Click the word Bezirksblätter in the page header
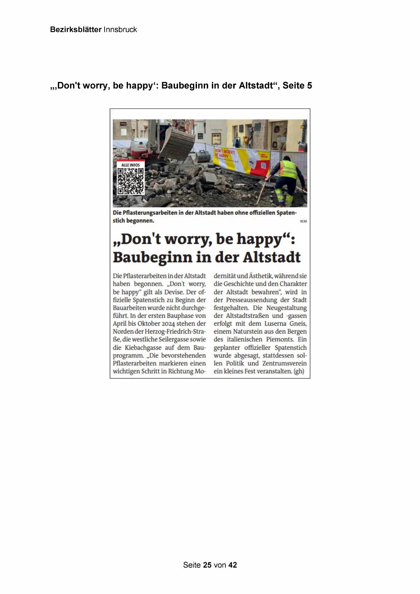pyautogui.click(x=75, y=29)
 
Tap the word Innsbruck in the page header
pyautogui.click(x=120, y=29)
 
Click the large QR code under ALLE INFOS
pyautogui.click(x=130, y=181)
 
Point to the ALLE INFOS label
pyautogui.click(x=130, y=165)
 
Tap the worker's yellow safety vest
pyautogui.click(x=288, y=169)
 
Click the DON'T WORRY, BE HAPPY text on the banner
pyautogui.click(x=225, y=153)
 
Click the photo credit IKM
pyautogui.click(x=303, y=221)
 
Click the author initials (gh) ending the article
pyautogui.click(x=299, y=371)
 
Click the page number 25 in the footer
pyautogui.click(x=207, y=565)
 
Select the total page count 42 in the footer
pyautogui.click(x=233, y=565)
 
